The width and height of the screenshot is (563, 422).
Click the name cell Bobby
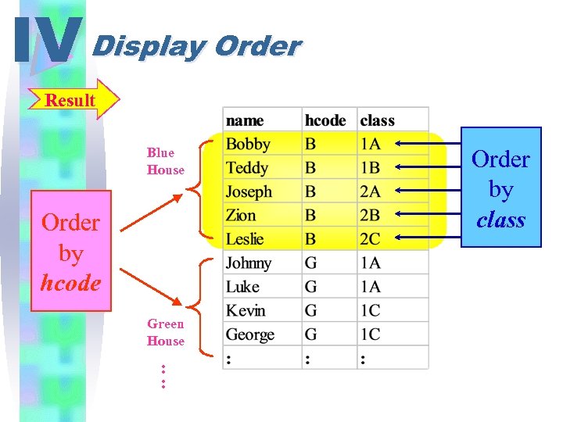coord(248,145)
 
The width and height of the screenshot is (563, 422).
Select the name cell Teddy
coord(247,168)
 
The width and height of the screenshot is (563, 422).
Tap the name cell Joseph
coord(249,191)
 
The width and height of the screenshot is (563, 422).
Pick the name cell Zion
coord(241,216)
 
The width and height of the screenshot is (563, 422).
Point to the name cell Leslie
coord(245,239)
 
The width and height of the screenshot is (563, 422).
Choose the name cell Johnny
coord(249,263)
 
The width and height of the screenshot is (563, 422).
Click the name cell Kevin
coord(246,311)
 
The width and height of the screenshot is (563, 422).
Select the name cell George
coord(250,334)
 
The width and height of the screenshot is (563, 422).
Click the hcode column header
coord(325,120)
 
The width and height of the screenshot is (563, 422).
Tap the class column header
coord(377,120)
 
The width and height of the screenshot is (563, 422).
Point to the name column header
coord(245,120)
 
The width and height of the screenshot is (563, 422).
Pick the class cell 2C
coord(371,239)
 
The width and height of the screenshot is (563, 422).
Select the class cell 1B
coord(371,168)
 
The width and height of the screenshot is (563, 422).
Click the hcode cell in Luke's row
coord(310,287)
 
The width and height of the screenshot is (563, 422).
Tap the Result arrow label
coord(70,100)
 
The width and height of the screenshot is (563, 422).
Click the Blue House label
coord(166,161)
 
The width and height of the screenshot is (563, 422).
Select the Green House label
coord(166,332)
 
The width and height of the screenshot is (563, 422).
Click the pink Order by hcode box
coord(70,252)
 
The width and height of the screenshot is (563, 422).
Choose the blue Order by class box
coord(500,188)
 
